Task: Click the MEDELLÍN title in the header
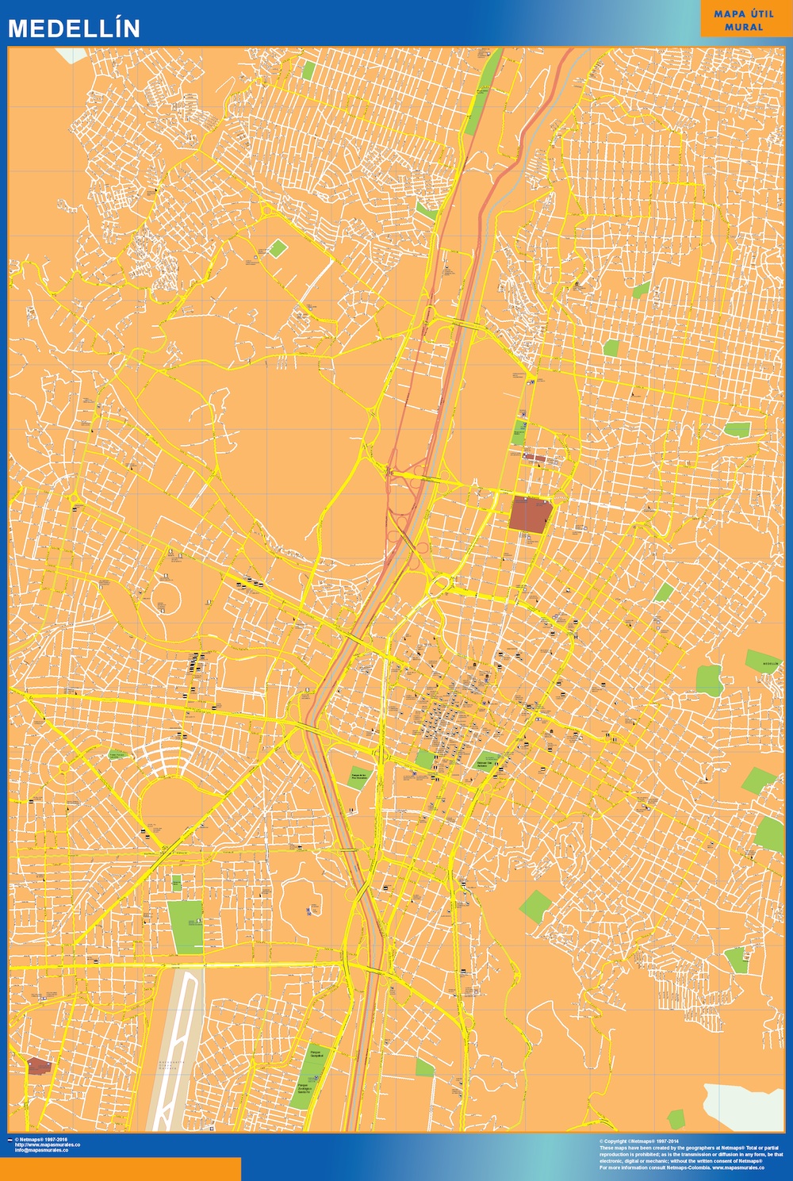(74, 29)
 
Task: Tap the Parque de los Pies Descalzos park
(361, 776)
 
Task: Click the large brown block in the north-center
(530, 514)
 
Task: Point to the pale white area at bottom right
(741, 1106)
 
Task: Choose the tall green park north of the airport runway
(185, 926)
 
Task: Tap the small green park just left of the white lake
(676, 1118)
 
